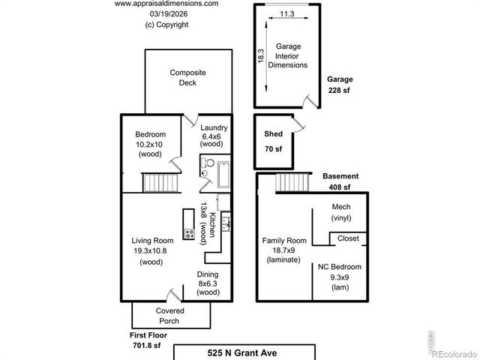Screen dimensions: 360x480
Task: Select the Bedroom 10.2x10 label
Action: tap(150, 144)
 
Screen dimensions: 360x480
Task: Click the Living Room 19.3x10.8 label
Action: tap(151, 252)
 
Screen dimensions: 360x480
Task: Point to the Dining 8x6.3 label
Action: tap(208, 283)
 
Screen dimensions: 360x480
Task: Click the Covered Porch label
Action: tap(170, 315)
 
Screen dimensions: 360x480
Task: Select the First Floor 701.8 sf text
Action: tap(146, 340)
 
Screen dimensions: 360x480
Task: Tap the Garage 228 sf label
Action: tap(339, 84)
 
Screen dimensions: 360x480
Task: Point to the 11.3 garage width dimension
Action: tap(286, 13)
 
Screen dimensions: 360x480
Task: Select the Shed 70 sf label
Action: tap(273, 140)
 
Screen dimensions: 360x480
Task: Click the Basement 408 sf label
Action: tap(340, 181)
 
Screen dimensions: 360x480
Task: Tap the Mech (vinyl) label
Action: tap(340, 212)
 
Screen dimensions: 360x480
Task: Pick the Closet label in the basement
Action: tap(348, 238)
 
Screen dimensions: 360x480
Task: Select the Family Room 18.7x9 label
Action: tap(283, 250)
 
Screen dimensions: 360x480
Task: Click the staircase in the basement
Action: tap(292, 181)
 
